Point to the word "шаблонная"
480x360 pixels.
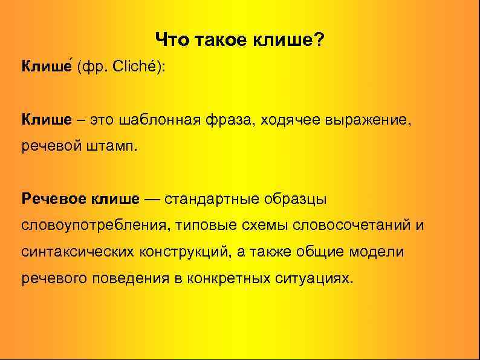158,119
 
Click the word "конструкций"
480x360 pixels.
180,252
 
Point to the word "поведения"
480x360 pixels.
124,278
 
